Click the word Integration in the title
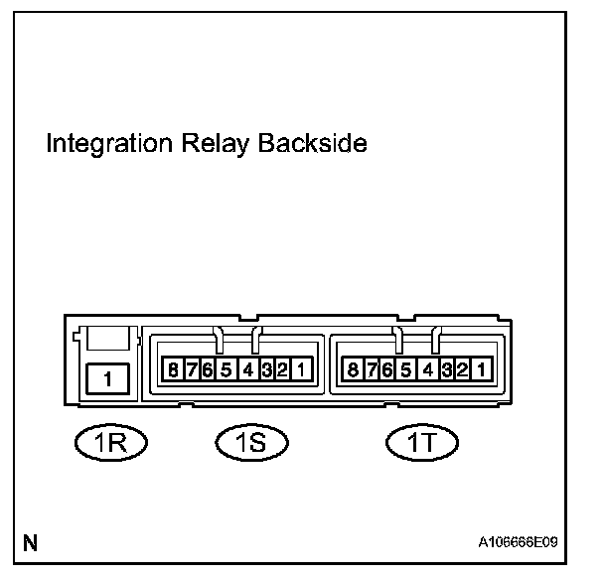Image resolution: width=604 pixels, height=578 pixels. tap(104, 144)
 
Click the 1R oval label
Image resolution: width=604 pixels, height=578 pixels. tap(110, 441)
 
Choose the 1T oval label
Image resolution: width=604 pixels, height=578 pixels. tap(416, 441)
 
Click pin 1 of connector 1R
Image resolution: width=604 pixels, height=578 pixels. tap(109, 378)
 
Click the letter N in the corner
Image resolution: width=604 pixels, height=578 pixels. tap(31, 543)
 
